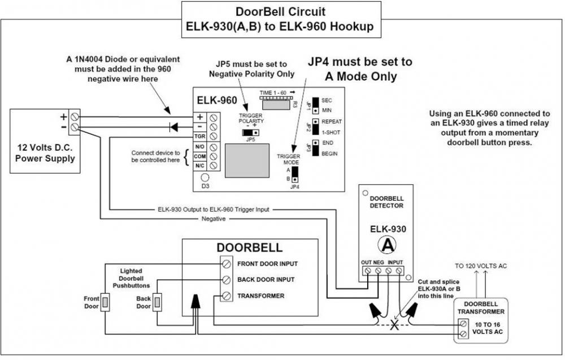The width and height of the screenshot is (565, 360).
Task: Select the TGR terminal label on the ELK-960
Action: coord(199,136)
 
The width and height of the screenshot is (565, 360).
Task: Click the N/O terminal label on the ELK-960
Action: coord(199,146)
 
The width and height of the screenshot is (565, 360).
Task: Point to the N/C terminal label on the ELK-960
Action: coord(199,166)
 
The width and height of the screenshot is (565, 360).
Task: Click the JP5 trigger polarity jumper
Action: coord(247,132)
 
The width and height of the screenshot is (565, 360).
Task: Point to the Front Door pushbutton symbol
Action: coord(105,302)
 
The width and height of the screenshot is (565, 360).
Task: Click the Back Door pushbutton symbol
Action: coord(158,302)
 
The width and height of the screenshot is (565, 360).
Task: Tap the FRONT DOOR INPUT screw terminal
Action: coord(226,264)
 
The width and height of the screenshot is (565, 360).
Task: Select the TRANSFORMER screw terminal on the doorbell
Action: coord(226,296)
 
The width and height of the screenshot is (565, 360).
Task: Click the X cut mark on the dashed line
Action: coord(394,326)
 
